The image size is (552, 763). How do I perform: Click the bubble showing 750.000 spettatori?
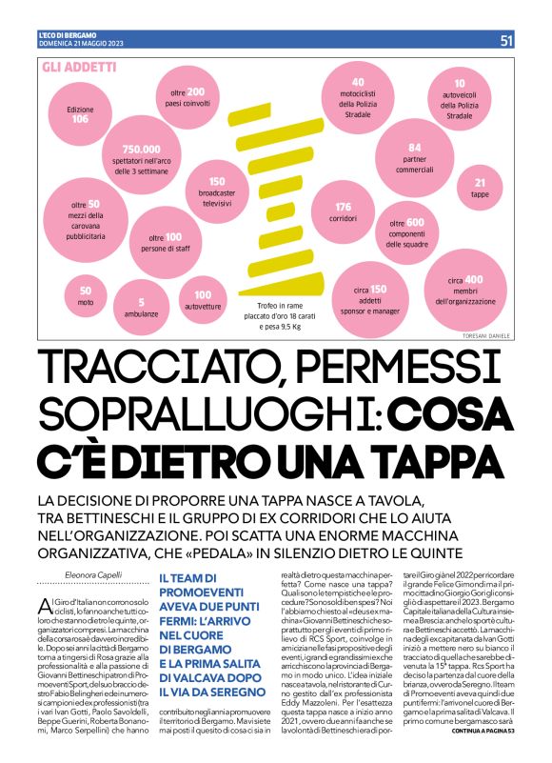coord(140,153)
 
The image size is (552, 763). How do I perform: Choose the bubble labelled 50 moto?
coord(86,294)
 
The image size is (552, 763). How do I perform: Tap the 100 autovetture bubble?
coord(203,300)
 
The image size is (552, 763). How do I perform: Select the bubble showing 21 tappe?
coord(480,187)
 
